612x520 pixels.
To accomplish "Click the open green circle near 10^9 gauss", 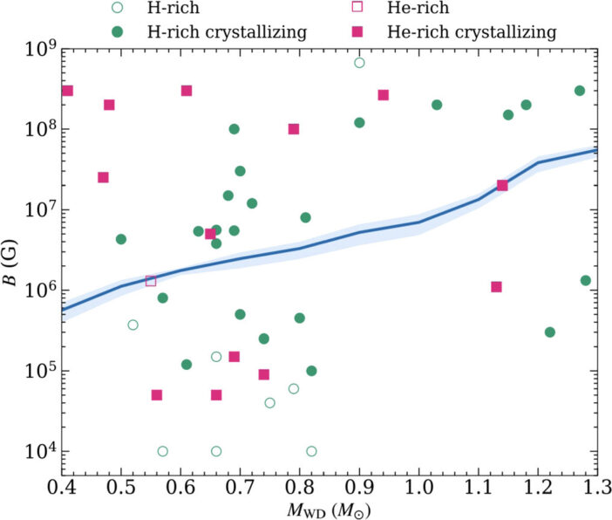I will (359, 63).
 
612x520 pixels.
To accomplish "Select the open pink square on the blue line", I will (151, 281).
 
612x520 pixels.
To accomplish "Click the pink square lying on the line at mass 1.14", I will (502, 185).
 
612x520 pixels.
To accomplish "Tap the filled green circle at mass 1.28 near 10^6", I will (586, 281).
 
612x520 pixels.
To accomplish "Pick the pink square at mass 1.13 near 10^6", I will (496, 287).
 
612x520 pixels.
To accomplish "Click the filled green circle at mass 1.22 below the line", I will (550, 332).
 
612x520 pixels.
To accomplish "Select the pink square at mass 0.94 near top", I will (383, 95).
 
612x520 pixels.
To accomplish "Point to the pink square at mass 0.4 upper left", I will (67, 91).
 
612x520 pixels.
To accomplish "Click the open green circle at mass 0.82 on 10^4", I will (311, 451).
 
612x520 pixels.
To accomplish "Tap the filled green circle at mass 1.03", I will (437, 105).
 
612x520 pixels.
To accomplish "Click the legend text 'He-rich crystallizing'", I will (483, 32).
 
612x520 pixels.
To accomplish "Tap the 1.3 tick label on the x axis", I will (597, 485).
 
